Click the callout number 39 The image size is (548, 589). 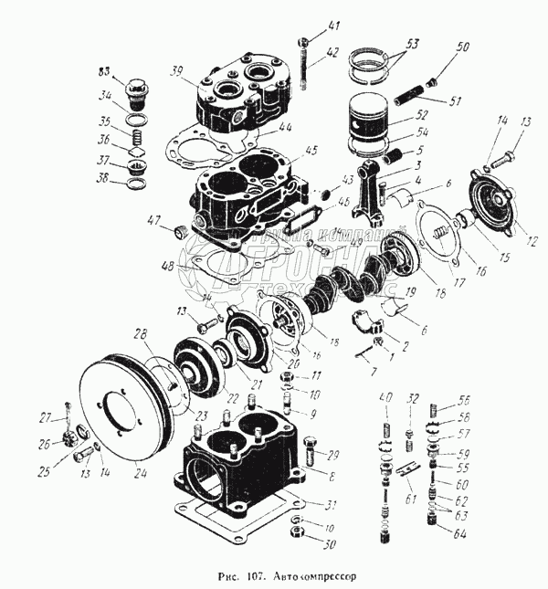[x=176, y=70]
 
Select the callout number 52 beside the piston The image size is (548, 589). [x=422, y=116]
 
